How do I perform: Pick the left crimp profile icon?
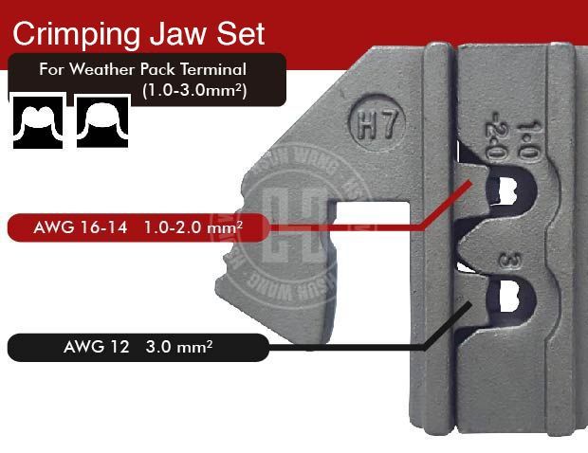(x=37, y=119)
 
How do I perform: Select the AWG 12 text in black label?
(x=83, y=348)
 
